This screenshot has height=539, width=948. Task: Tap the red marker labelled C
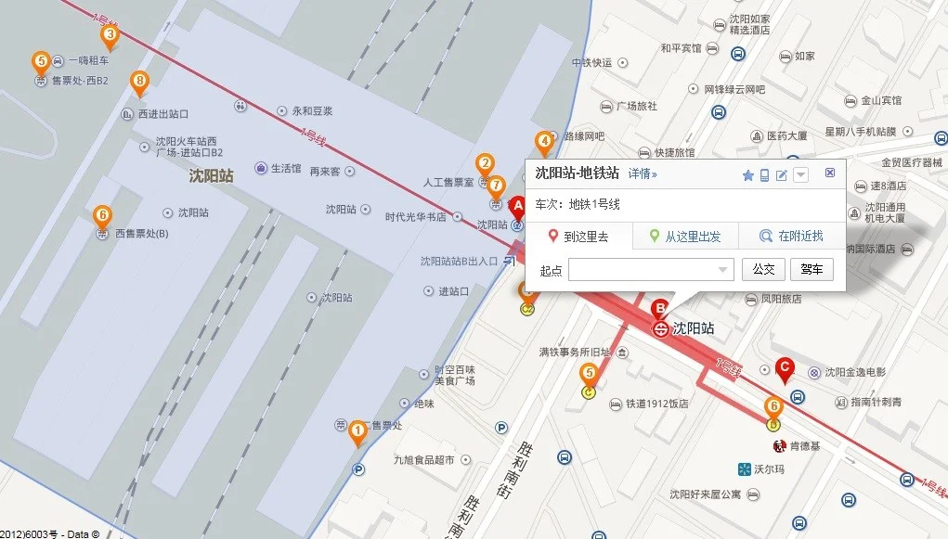click(785, 369)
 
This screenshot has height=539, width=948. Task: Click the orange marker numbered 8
click(139, 83)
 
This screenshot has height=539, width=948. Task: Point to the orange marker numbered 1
click(357, 432)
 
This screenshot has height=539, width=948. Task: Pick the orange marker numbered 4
click(544, 143)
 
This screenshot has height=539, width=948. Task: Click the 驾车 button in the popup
click(812, 270)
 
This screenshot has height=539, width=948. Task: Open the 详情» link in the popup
click(643, 173)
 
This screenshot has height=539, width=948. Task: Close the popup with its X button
click(830, 173)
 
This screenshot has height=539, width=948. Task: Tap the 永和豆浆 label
click(312, 110)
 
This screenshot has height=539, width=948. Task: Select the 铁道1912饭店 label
click(656, 404)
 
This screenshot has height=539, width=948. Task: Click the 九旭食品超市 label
click(423, 459)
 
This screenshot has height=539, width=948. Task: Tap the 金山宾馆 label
click(880, 100)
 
